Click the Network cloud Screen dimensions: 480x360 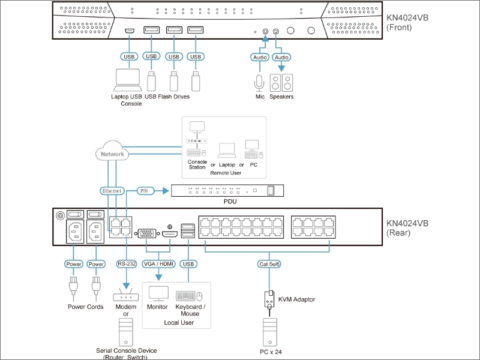pyautogui.click(x=112, y=151)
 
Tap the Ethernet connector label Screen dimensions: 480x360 pyautogui.click(x=112, y=191)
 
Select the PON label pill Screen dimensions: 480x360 pyautogui.click(x=145, y=191)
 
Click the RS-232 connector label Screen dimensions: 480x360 pyautogui.click(x=127, y=263)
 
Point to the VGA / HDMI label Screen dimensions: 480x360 pyautogui.click(x=158, y=264)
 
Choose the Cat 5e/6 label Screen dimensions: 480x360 pyautogui.click(x=269, y=264)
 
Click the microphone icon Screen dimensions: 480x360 pyautogui.click(x=259, y=83)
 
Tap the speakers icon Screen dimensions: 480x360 pyautogui.click(x=281, y=83)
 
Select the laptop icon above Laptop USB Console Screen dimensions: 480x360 pyautogui.click(x=128, y=80)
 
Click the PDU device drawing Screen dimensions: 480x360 pyautogui.click(x=227, y=190)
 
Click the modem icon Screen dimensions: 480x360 pyautogui.click(x=126, y=295)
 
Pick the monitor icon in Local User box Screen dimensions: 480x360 pyautogui.click(x=158, y=293)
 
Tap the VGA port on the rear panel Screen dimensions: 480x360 pyautogui.click(x=147, y=233)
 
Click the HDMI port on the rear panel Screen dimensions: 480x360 pyautogui.click(x=170, y=234)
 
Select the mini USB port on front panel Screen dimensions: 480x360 pyautogui.click(x=130, y=31)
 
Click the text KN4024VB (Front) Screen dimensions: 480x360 pyautogui.click(x=407, y=22)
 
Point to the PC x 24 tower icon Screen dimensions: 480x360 pyautogui.click(x=270, y=332)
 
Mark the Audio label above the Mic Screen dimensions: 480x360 pyautogui.click(x=260, y=57)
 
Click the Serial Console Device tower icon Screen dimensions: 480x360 pyautogui.click(x=126, y=332)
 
